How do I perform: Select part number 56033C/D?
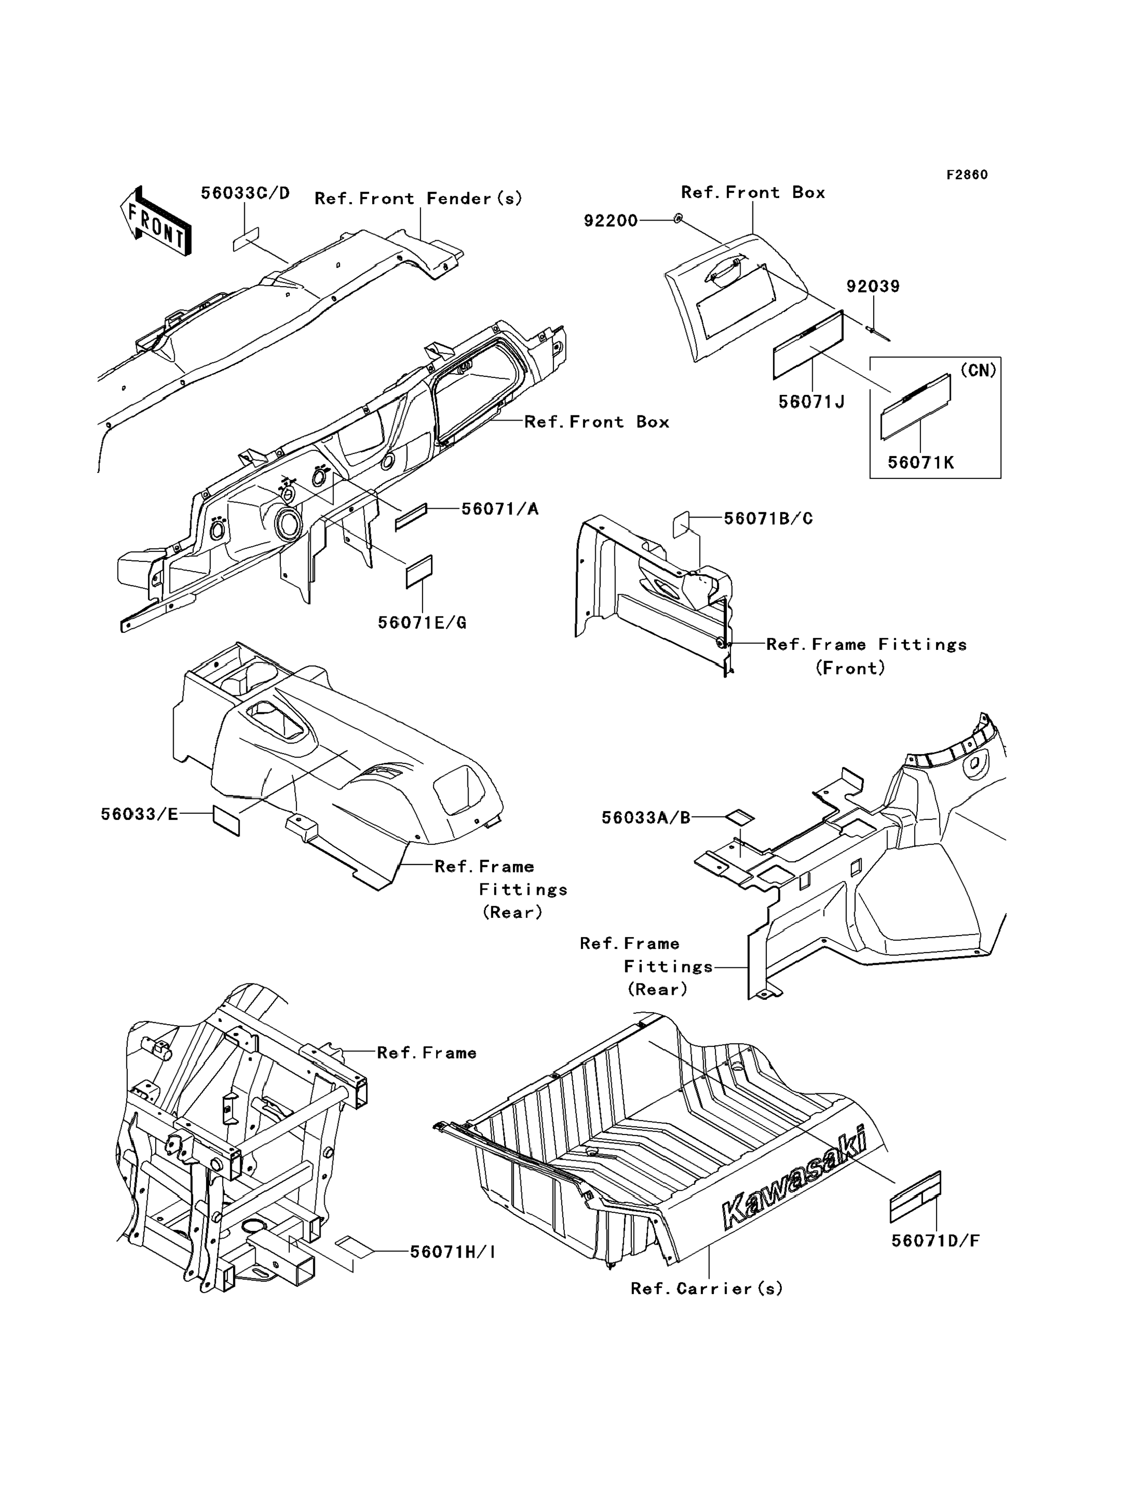(245, 194)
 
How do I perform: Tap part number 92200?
(611, 221)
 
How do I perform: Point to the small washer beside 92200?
(678, 219)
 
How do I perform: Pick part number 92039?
(873, 287)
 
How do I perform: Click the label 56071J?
(812, 401)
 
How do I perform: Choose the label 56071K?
(921, 463)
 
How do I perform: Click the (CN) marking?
(978, 371)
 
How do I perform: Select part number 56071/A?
(500, 509)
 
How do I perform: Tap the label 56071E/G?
(422, 623)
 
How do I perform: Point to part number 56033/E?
(140, 814)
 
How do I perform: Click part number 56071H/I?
(453, 1252)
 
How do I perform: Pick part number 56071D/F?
(935, 1241)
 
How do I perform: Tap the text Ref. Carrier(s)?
(707, 1289)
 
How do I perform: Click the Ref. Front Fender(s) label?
(419, 198)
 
